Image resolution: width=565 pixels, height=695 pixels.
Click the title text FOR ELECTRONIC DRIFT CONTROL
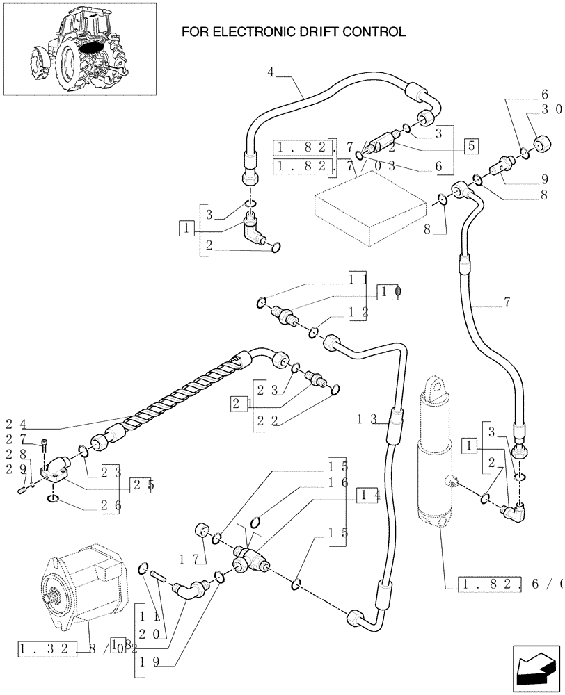click(x=292, y=32)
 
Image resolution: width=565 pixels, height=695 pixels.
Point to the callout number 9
click(x=544, y=178)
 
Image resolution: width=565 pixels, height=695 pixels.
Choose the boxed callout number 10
click(x=388, y=292)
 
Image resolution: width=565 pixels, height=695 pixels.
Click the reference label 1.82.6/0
click(x=512, y=584)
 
